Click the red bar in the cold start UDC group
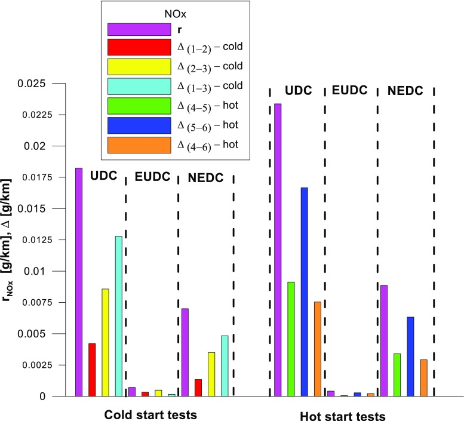pyautogui.click(x=92, y=370)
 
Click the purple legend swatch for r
pyautogui.click(x=139, y=29)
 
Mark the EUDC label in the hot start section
pyautogui.click(x=351, y=91)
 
